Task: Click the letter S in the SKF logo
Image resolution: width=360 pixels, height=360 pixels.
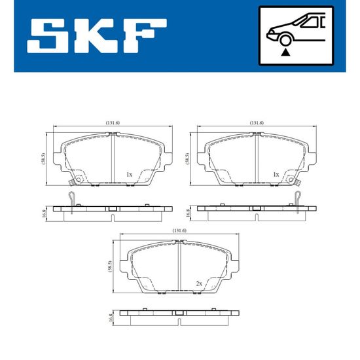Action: (x=48, y=36)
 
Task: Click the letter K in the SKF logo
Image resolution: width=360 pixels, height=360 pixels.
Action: (x=96, y=36)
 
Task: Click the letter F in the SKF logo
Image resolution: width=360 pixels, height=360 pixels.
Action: (x=145, y=36)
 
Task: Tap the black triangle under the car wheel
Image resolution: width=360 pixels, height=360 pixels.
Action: (x=285, y=52)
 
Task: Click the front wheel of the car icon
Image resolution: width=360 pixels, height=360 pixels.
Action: (x=285, y=40)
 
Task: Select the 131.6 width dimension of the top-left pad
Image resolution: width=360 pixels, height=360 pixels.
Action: (x=113, y=123)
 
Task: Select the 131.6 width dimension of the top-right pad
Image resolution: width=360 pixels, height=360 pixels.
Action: (x=257, y=123)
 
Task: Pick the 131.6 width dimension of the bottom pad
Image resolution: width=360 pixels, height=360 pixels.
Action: (x=179, y=231)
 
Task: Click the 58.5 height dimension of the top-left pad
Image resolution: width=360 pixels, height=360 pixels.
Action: (x=44, y=158)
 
